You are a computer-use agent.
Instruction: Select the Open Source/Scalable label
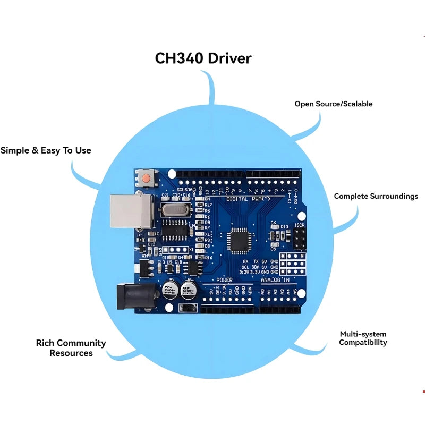pos(334,104)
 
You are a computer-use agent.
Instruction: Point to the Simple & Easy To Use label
pos(46,150)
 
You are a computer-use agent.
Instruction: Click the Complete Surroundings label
pos(376,196)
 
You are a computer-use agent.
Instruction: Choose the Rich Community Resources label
pos(71,348)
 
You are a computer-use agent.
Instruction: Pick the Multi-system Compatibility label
pos(363,338)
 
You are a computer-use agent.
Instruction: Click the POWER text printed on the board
pos(224,279)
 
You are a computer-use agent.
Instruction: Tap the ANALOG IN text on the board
pos(275,279)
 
